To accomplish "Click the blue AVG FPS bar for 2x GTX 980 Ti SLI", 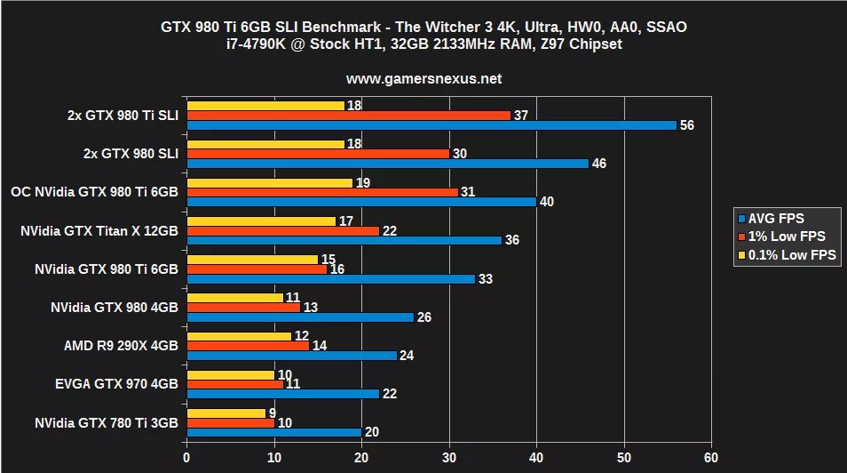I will [x=431, y=125].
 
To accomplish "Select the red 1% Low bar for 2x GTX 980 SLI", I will [x=317, y=153].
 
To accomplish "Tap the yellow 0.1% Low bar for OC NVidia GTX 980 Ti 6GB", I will [x=269, y=182].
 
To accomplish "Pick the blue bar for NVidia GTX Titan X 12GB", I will [x=344, y=240].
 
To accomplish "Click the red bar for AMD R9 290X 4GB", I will [x=248, y=344].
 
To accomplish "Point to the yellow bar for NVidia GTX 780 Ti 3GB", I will [x=226, y=413].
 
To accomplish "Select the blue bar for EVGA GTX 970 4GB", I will [x=282, y=394].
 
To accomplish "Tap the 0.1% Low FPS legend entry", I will [x=790, y=255].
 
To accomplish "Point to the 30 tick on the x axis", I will [x=449, y=457].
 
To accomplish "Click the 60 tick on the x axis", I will [x=710, y=457].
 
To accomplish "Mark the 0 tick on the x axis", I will [x=186, y=457].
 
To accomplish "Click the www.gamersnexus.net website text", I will [x=423, y=78].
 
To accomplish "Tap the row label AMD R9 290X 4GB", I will [x=121, y=345].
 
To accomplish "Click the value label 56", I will [x=686, y=125].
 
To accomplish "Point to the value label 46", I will [x=599, y=164].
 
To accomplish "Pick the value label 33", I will [x=486, y=278].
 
